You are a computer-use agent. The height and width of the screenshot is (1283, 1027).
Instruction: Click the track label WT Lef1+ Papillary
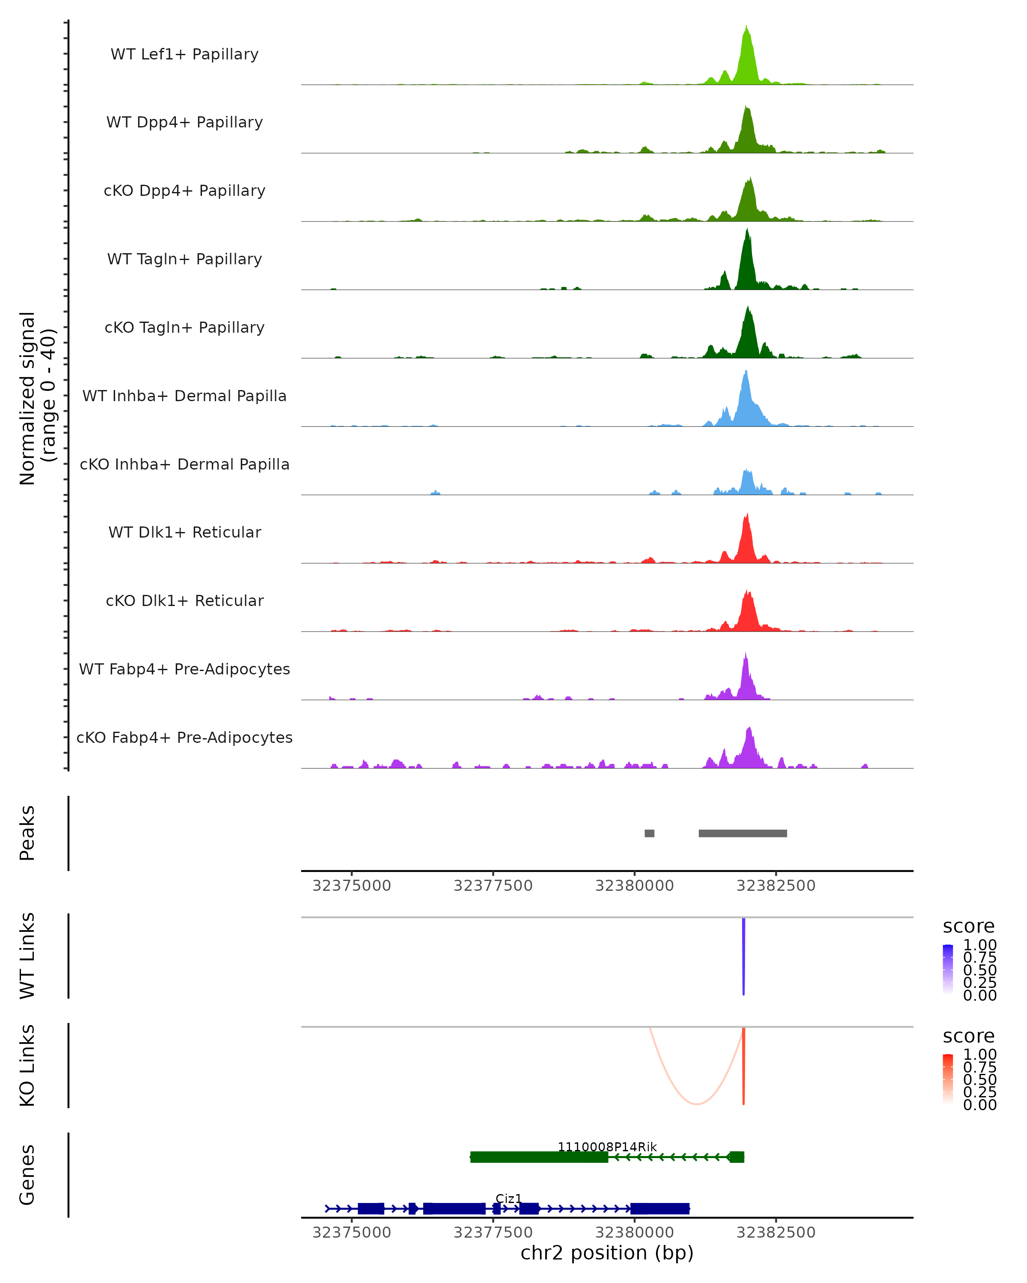(184, 54)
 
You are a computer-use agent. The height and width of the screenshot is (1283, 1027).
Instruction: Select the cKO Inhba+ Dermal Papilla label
(184, 464)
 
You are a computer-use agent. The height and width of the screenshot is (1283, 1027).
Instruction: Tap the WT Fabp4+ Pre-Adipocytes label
(184, 669)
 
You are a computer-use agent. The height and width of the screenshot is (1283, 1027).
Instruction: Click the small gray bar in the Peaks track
(649, 833)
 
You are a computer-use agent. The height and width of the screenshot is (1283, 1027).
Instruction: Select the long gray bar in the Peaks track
(742, 833)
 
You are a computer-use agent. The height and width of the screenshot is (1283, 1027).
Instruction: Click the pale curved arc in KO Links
(697, 1104)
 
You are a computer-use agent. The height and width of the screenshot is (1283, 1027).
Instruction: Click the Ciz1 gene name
(508, 1198)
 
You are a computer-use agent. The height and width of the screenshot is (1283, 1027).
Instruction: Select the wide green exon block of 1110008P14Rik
(539, 1157)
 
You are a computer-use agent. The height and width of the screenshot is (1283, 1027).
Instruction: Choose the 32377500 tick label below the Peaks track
(493, 886)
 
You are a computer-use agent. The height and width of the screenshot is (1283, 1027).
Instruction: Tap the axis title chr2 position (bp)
(607, 1253)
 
